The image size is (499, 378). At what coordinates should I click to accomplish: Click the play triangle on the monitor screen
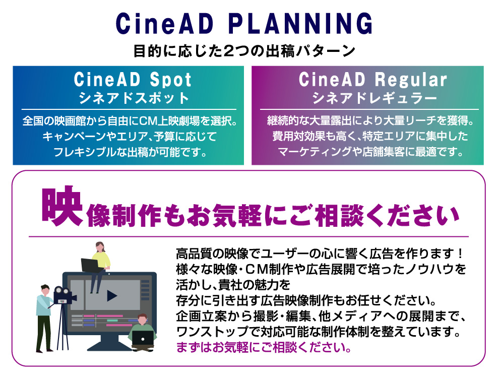pyautogui.click(x=112, y=295)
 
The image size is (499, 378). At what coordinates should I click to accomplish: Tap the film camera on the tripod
pyautogui.click(x=64, y=295)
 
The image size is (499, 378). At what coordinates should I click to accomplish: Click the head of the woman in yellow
pyautogui.click(x=100, y=247)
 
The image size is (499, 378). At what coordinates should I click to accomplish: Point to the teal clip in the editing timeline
pyautogui.click(x=112, y=321)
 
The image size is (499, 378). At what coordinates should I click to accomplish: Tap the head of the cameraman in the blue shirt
pyautogui.click(x=45, y=289)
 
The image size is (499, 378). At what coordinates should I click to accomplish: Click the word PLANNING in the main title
pyautogui.click(x=300, y=24)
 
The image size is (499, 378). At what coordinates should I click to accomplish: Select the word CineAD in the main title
pyautogui.click(x=164, y=24)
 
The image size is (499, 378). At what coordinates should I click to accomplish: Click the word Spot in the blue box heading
pyautogui.click(x=170, y=79)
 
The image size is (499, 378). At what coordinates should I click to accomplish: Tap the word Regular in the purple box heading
pyautogui.click(x=410, y=80)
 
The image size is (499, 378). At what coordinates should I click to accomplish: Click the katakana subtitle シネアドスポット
pyautogui.click(x=134, y=98)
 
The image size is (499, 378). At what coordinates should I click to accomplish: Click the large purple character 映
pyautogui.click(x=63, y=207)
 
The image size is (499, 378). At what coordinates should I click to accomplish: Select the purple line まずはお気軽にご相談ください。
pyautogui.click(x=264, y=347)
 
